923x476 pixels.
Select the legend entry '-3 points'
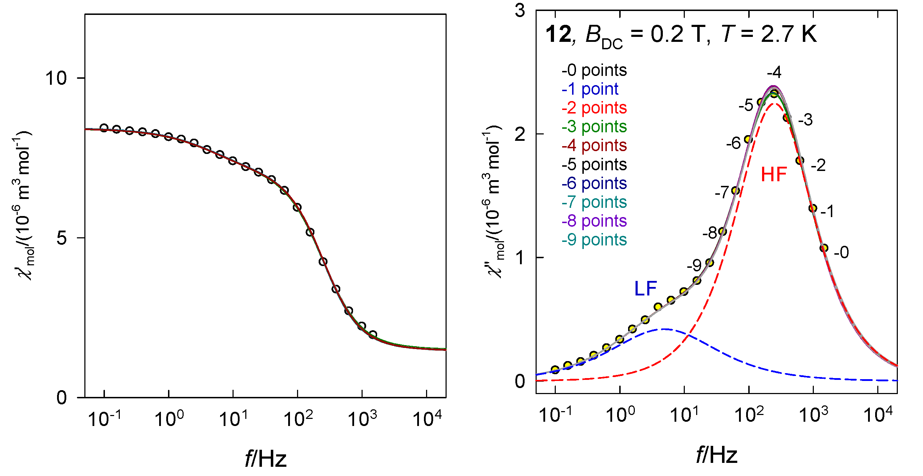594,127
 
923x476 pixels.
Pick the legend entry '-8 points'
594,221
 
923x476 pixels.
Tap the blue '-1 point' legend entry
590,89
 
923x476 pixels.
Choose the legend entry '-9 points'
594,240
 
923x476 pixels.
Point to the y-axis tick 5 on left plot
62,238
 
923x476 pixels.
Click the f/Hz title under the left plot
265,458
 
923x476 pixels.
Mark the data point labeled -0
824,248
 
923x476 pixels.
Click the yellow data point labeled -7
735,191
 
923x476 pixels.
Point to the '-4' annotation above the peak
774,72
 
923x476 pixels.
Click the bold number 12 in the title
558,35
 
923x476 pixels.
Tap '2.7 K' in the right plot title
788,35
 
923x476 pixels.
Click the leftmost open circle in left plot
104,128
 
